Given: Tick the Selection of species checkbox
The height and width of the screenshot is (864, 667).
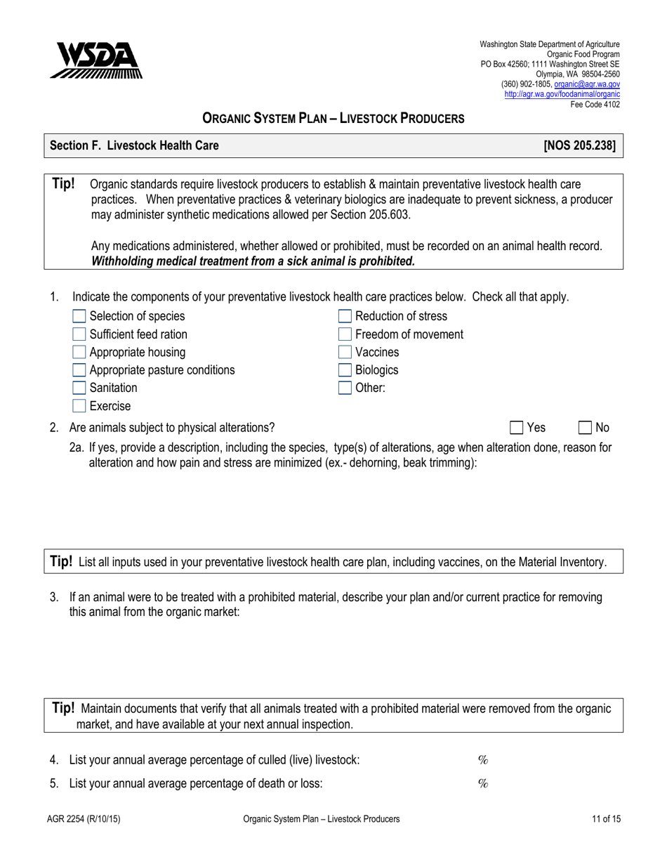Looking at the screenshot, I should (x=79, y=316).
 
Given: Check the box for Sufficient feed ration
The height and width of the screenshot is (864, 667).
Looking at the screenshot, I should (x=79, y=334).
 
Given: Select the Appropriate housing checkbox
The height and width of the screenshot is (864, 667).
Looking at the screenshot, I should (x=79, y=352).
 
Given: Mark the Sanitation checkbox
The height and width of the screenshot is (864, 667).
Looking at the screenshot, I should (x=79, y=388).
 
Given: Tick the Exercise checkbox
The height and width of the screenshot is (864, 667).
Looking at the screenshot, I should (x=79, y=406).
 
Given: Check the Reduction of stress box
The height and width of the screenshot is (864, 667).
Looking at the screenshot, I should (x=345, y=316).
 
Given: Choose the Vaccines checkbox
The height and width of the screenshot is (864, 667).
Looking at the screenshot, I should (x=345, y=352).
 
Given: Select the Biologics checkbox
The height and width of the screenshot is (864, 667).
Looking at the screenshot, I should (x=345, y=370).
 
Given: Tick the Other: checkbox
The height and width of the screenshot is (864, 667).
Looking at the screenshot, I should (x=345, y=388).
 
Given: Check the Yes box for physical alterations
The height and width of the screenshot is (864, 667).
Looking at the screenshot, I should (x=516, y=427).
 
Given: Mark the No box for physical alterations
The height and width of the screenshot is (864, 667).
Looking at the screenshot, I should (x=584, y=427).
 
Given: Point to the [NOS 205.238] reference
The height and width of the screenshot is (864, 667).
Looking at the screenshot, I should (x=579, y=146).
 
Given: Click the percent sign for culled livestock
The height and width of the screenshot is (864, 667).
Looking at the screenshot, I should (x=482, y=760).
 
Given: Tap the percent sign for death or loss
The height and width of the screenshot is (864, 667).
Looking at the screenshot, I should (x=482, y=784).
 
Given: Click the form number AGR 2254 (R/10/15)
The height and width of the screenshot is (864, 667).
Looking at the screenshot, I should (x=80, y=818).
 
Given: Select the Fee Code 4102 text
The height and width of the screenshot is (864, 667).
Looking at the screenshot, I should (x=596, y=104).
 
